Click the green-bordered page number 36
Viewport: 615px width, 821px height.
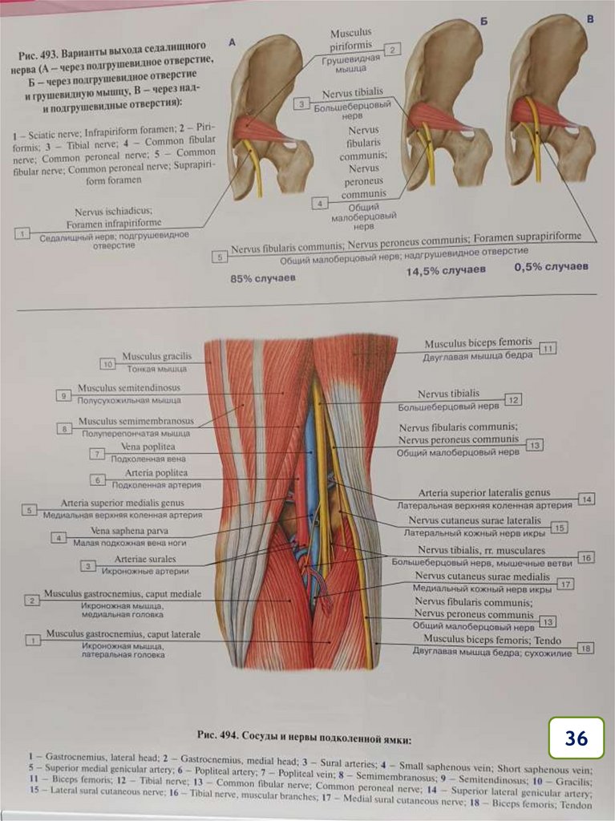(x=576, y=738)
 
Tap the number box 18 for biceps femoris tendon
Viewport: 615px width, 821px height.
(x=586, y=648)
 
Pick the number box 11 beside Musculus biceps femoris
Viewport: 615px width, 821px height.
(x=548, y=349)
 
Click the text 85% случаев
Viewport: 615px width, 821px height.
(x=262, y=278)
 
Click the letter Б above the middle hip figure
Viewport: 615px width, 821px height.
(x=484, y=22)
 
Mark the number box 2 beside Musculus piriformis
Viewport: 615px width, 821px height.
(x=391, y=50)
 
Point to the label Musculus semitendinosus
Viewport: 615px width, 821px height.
(x=128, y=388)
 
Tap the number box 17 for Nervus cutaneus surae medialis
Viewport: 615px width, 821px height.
(x=567, y=584)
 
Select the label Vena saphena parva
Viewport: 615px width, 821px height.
(x=132, y=531)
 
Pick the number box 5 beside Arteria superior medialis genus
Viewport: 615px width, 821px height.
(x=30, y=509)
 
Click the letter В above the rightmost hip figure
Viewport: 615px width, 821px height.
(x=589, y=18)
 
